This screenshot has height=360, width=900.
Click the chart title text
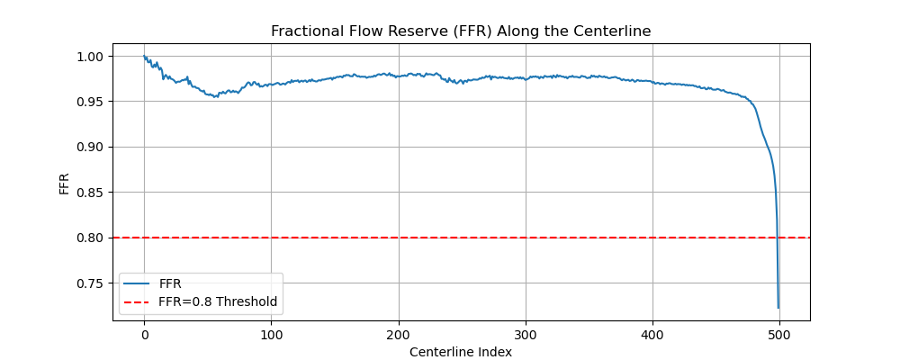461,31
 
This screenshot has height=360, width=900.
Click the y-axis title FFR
65,182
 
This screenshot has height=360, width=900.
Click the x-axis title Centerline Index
461,352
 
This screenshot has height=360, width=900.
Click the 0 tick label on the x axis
144,334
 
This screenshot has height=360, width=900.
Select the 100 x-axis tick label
271,334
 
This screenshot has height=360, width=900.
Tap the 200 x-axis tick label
398,334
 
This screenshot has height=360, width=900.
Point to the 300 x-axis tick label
526,334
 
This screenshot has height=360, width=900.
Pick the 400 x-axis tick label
652,334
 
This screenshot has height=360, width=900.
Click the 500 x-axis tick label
779,334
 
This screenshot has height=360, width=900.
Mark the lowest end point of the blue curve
778,308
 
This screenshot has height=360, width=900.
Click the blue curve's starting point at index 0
144,57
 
